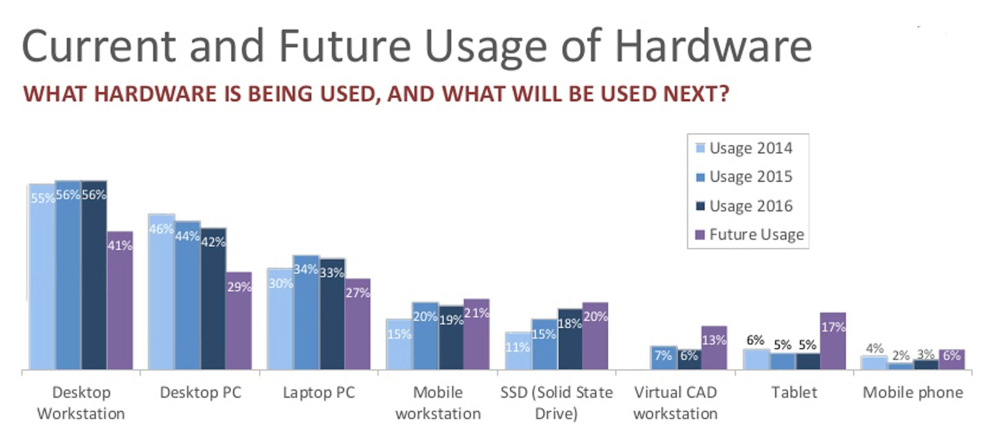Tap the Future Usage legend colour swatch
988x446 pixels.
[x=700, y=235]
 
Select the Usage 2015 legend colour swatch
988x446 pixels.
[x=700, y=177]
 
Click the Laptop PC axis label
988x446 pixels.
[x=319, y=393]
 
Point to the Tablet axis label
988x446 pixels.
[x=794, y=393]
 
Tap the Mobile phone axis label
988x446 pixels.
[x=912, y=393]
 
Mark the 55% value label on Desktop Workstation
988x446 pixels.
[x=42, y=198]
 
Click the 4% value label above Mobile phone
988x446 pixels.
[x=874, y=348]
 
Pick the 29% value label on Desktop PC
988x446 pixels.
[x=239, y=287]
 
